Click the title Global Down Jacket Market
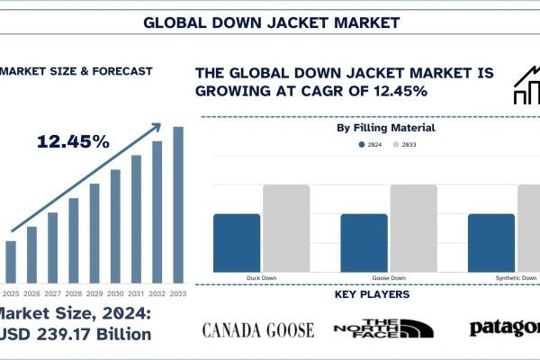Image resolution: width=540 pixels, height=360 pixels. coord(269,20)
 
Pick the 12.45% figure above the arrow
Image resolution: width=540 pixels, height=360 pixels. coord(73,141)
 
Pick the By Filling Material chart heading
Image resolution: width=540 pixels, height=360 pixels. coord(385,128)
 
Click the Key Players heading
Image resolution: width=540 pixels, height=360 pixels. coord(373,294)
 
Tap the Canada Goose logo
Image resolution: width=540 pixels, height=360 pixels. coord(258,329)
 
